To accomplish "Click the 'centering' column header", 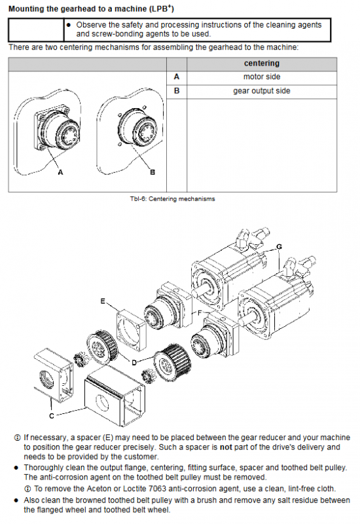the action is [261, 64].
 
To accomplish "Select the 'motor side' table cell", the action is [261, 77].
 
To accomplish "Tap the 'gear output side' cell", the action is [261, 91].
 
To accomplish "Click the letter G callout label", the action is [279, 247].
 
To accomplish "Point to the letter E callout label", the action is [103, 301].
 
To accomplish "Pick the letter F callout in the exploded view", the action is [200, 313].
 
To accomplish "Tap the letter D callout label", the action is [134, 363].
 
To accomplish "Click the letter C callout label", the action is [52, 416].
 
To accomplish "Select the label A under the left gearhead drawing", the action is [60, 172].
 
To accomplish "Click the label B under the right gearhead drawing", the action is [153, 172].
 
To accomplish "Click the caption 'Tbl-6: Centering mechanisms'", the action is [172, 199].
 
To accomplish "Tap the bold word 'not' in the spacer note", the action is [226, 447].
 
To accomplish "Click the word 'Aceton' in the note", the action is [99, 489].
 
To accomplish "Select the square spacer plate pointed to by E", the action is [131, 330].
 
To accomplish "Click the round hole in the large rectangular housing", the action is [102, 403].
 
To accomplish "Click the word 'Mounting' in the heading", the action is [26, 9].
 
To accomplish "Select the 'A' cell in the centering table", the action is [177, 77].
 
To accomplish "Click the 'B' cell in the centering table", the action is [177, 91].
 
